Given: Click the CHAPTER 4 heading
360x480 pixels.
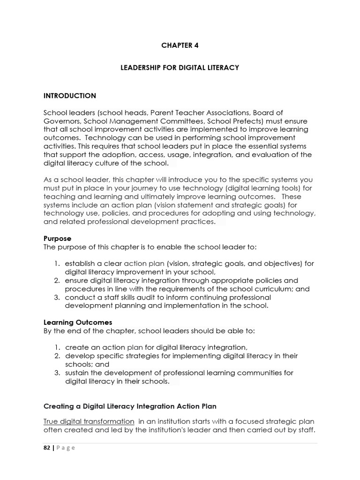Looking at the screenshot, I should coord(180,45).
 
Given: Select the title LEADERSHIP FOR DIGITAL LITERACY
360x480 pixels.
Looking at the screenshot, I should coord(180,67).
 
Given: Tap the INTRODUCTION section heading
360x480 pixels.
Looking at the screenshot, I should coord(69,96).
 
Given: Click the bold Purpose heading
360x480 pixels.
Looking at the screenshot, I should coord(57,239).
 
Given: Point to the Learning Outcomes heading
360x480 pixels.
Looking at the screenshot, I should coord(78,322).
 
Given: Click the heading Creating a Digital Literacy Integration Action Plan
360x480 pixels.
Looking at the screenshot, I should coord(130,406).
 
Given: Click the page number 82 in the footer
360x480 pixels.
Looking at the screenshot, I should coord(47,448).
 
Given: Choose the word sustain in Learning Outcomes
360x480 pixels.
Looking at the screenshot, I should coord(77,373).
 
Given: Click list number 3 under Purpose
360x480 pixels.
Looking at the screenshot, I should coord(56,297).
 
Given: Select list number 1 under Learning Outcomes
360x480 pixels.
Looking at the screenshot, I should coord(56,347).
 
